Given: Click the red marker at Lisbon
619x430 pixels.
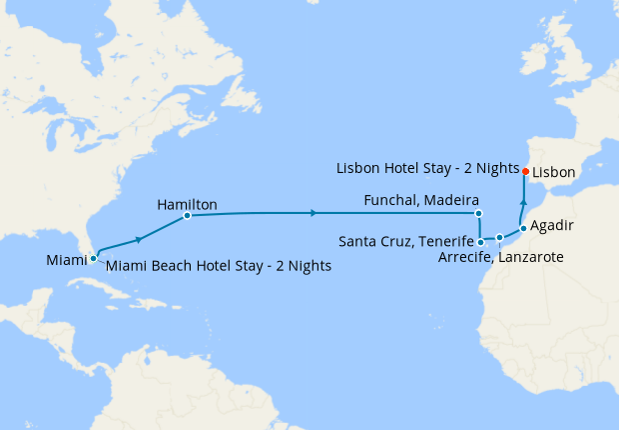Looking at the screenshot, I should pos(525,171).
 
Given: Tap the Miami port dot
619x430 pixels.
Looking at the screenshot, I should pos(93,258).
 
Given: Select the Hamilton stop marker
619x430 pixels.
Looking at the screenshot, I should pos(187,216).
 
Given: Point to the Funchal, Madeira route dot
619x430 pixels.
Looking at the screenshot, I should pos(478,213).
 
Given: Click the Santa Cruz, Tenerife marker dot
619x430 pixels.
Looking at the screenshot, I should pos(481,241).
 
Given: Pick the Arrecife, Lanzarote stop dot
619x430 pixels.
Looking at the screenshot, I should pos(499,238).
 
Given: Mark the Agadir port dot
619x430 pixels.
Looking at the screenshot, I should pos(522,228).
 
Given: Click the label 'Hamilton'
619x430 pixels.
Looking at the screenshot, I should pos(187,204).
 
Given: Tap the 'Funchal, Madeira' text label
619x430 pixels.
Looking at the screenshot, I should pos(422,199).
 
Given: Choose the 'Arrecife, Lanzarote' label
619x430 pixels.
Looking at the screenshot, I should pos(501,257).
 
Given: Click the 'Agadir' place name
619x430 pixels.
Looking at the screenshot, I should pos(552,225).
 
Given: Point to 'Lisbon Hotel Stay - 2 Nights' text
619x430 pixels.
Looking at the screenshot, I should pos(426,167).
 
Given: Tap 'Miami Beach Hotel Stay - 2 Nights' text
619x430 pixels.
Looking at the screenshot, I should pos(218,266).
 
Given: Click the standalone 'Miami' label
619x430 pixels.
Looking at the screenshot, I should pos(66,260).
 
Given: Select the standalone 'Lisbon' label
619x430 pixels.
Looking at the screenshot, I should pos(554,172).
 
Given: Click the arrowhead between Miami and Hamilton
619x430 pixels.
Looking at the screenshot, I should pos(139,238).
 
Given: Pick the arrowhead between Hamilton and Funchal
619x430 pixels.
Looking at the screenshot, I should pos(314,213).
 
